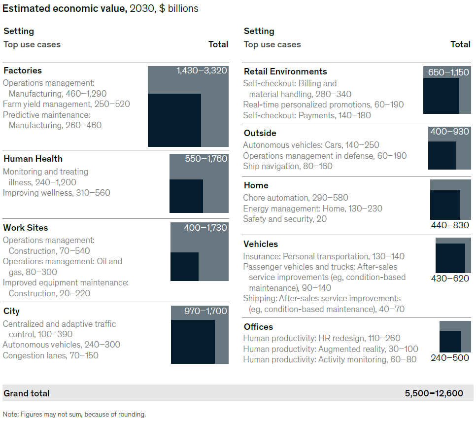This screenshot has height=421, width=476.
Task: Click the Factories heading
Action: click(23, 70)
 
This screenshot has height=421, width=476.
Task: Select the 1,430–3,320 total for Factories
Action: click(202, 70)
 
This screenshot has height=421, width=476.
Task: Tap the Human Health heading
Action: click(33, 159)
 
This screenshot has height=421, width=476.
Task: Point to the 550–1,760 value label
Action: click(206, 159)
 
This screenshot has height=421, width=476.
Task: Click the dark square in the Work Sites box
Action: click(184, 267)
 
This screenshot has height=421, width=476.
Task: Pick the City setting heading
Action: click(11, 311)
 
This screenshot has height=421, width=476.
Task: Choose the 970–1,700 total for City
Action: click(205, 311)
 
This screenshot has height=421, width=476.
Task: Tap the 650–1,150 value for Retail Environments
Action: click(448, 72)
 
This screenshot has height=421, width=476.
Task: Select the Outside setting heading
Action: click(260, 133)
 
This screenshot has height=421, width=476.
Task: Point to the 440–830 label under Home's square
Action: click(450, 225)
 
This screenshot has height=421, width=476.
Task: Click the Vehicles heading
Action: click(261, 244)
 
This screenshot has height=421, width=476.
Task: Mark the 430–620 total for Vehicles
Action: click(450, 279)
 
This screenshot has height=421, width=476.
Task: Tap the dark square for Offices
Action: click(450, 341)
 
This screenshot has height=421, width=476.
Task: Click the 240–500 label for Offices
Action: click(450, 358)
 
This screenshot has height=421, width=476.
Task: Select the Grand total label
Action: click(27, 393)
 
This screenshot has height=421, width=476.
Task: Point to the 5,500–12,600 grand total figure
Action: click(434, 393)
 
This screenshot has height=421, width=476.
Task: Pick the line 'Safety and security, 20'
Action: click(285, 219)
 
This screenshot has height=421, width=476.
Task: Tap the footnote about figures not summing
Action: click(74, 414)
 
